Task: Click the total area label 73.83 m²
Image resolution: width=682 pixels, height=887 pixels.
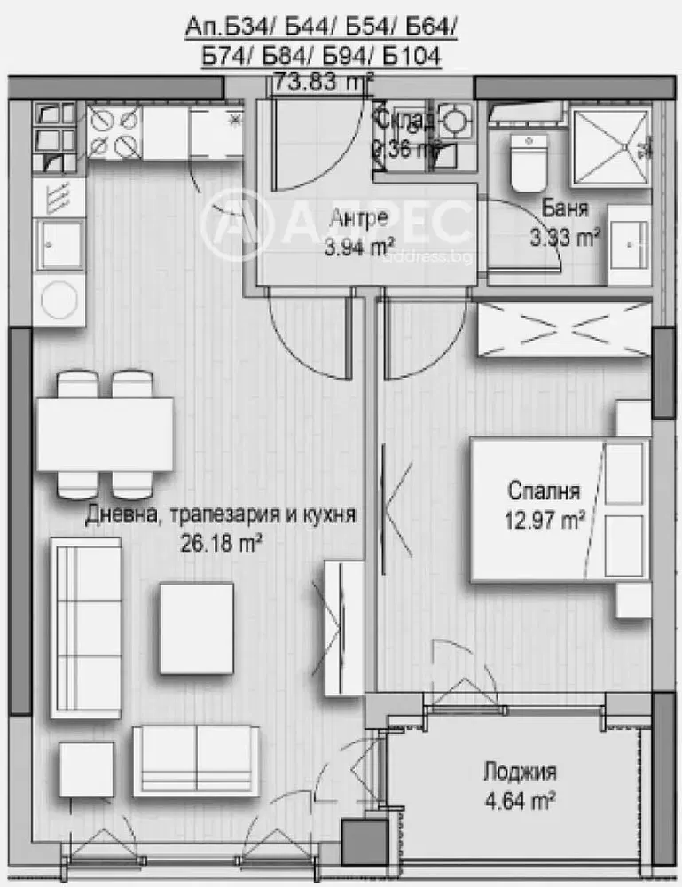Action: pyautogui.click(x=324, y=81)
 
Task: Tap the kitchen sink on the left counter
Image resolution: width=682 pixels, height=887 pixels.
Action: pyautogui.click(x=59, y=245)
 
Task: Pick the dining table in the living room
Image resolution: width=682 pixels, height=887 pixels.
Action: pyautogui.click(x=105, y=435)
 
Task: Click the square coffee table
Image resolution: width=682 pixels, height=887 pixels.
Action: pyautogui.click(x=196, y=627)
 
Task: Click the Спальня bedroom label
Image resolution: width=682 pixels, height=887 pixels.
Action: pyautogui.click(x=544, y=491)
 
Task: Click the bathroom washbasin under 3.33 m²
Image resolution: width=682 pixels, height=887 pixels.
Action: pyautogui.click(x=630, y=241)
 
